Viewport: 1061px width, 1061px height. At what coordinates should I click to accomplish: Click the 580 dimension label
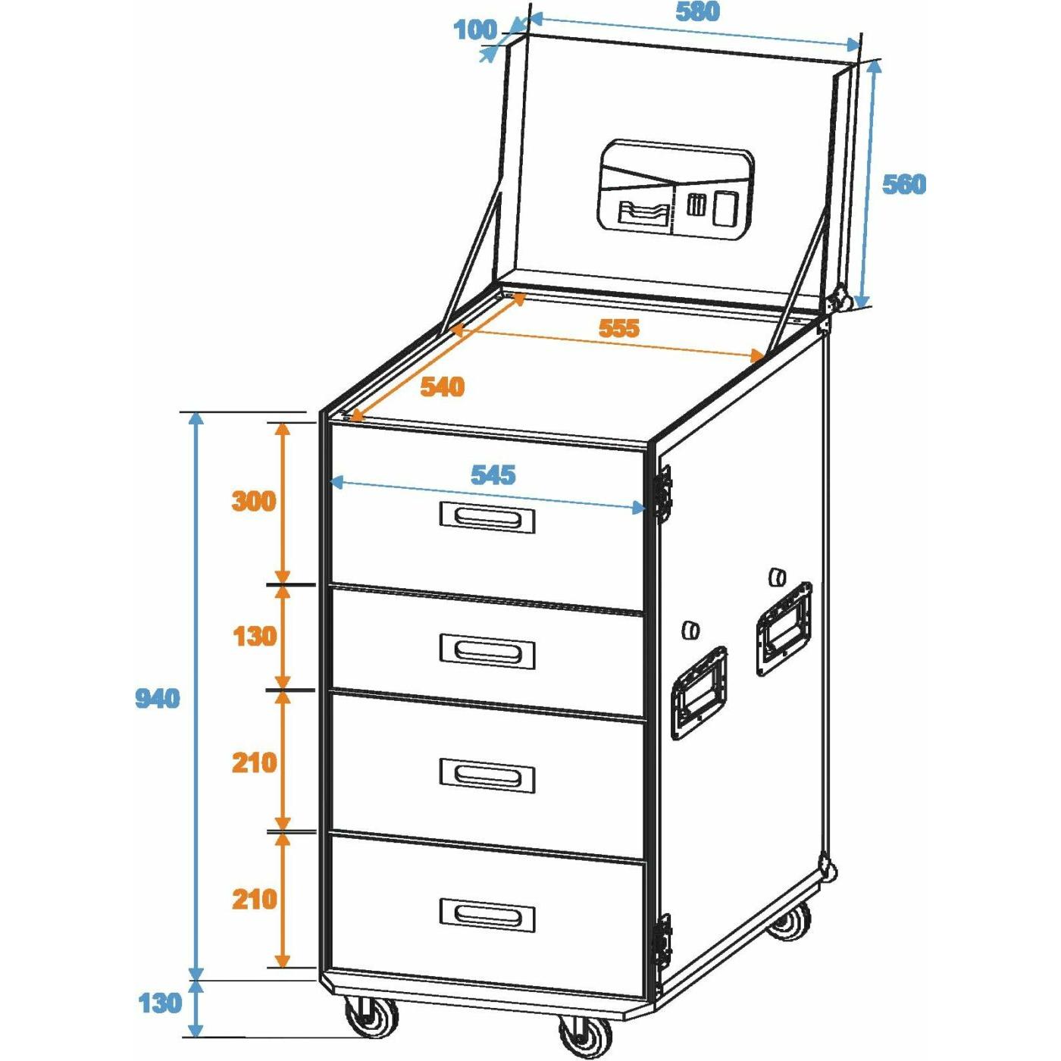click(697, 12)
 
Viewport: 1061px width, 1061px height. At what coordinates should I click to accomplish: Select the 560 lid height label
click(904, 184)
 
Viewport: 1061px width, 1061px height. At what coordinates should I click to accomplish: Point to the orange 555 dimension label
click(619, 328)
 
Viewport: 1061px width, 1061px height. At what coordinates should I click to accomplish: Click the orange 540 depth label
click(443, 387)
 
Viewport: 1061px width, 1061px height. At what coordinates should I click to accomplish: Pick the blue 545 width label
click(493, 475)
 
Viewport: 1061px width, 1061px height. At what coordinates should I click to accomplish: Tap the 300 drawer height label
click(253, 502)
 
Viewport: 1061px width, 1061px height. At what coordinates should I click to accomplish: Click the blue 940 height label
click(158, 699)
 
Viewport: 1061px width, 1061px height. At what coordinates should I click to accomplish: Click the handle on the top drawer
click(487, 517)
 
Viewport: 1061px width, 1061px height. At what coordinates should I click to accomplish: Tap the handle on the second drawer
click(487, 652)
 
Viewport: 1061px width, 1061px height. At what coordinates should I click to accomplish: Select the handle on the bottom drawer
click(487, 915)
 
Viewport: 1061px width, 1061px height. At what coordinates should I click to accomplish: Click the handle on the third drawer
click(487, 776)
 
